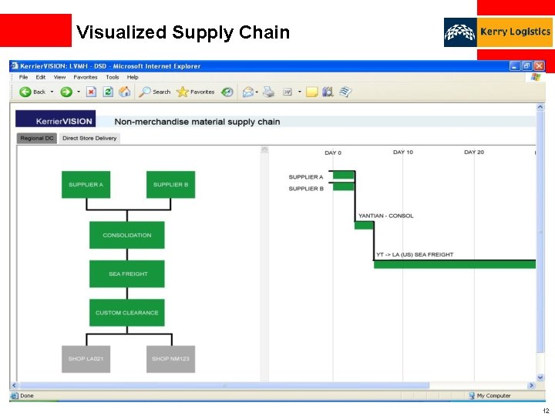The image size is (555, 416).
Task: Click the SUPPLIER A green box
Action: tap(86, 185)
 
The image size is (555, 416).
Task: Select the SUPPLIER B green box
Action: tap(170, 185)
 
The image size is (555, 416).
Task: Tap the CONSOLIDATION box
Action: tap(127, 235)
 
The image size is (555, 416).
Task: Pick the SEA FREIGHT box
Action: tap(127, 273)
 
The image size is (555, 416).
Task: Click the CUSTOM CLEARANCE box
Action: tap(127, 313)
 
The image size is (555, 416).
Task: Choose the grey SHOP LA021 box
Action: tap(86, 359)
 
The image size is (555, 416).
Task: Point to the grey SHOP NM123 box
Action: tap(170, 359)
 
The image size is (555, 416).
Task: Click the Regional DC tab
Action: tap(37, 139)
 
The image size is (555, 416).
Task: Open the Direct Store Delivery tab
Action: tap(89, 139)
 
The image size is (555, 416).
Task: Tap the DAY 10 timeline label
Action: tap(403, 153)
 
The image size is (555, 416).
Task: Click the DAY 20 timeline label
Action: tap(474, 153)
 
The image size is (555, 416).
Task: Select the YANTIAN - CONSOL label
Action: tap(385, 216)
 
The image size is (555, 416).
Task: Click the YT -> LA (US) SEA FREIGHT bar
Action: tap(455, 264)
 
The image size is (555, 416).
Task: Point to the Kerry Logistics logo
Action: tap(498, 32)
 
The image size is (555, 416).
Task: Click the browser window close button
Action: tap(539, 66)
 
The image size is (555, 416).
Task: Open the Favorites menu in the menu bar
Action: tap(86, 77)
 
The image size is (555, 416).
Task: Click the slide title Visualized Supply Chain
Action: tap(183, 32)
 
